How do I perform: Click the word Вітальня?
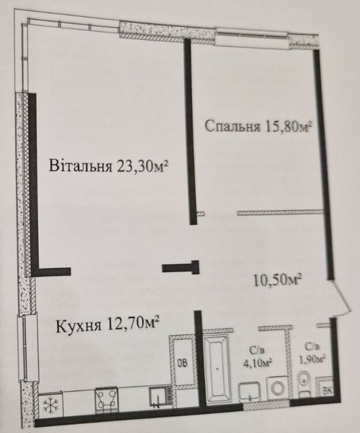[x=81, y=166]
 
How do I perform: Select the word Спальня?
[x=232, y=126]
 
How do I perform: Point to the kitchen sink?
[x=158, y=397]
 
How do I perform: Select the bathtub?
[x=217, y=366]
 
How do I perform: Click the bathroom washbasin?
[x=250, y=391]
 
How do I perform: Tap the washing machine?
[x=277, y=388]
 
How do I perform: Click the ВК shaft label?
[x=328, y=390]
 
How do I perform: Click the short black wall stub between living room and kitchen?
[x=181, y=267]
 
